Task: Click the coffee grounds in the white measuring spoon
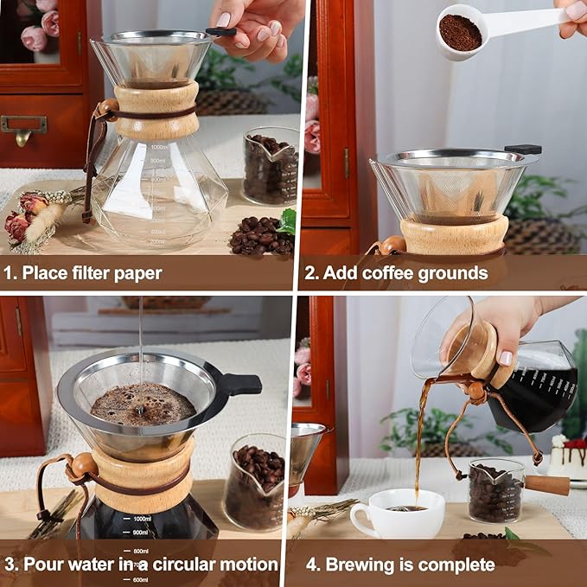pos(460,33)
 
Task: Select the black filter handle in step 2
pos(523,150)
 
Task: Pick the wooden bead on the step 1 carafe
pos(108,108)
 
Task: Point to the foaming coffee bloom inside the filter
pos(143,403)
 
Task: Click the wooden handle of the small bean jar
pos(547,485)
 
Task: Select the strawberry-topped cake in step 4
pos(570,456)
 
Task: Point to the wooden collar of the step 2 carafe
pos(454,234)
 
